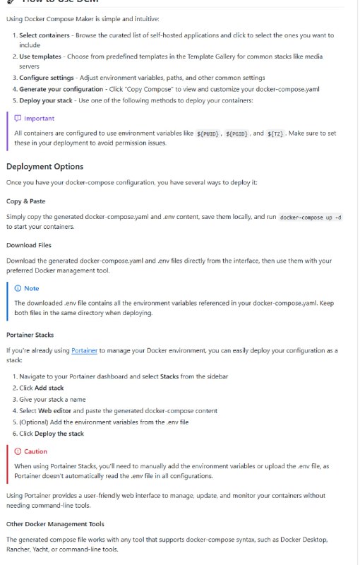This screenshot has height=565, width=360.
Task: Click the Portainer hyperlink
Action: [84, 350]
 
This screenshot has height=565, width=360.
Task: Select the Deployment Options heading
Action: [44, 167]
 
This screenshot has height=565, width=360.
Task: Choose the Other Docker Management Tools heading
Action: [55, 524]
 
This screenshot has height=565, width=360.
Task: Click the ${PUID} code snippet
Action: [210, 133]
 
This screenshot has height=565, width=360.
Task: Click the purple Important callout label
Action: [39, 118]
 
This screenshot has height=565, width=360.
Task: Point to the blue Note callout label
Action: [31, 288]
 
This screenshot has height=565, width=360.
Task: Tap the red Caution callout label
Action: [35, 451]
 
